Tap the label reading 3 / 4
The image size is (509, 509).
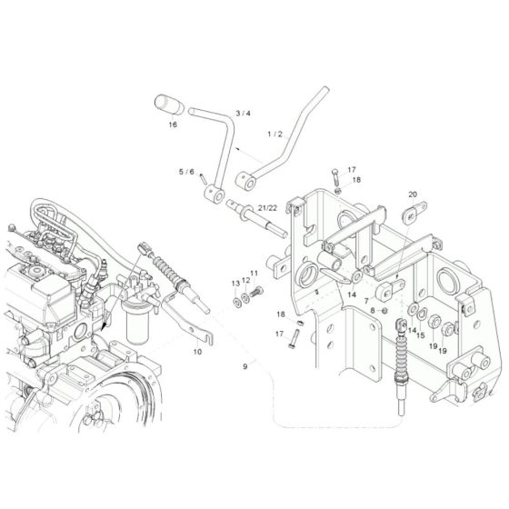coord(243,113)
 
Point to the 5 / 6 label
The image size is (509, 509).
coord(186,171)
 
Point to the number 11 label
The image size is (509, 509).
coord(254,273)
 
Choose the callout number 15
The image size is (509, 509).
coord(421,335)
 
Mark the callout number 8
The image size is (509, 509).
coord(371,311)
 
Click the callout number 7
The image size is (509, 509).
coord(365,300)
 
